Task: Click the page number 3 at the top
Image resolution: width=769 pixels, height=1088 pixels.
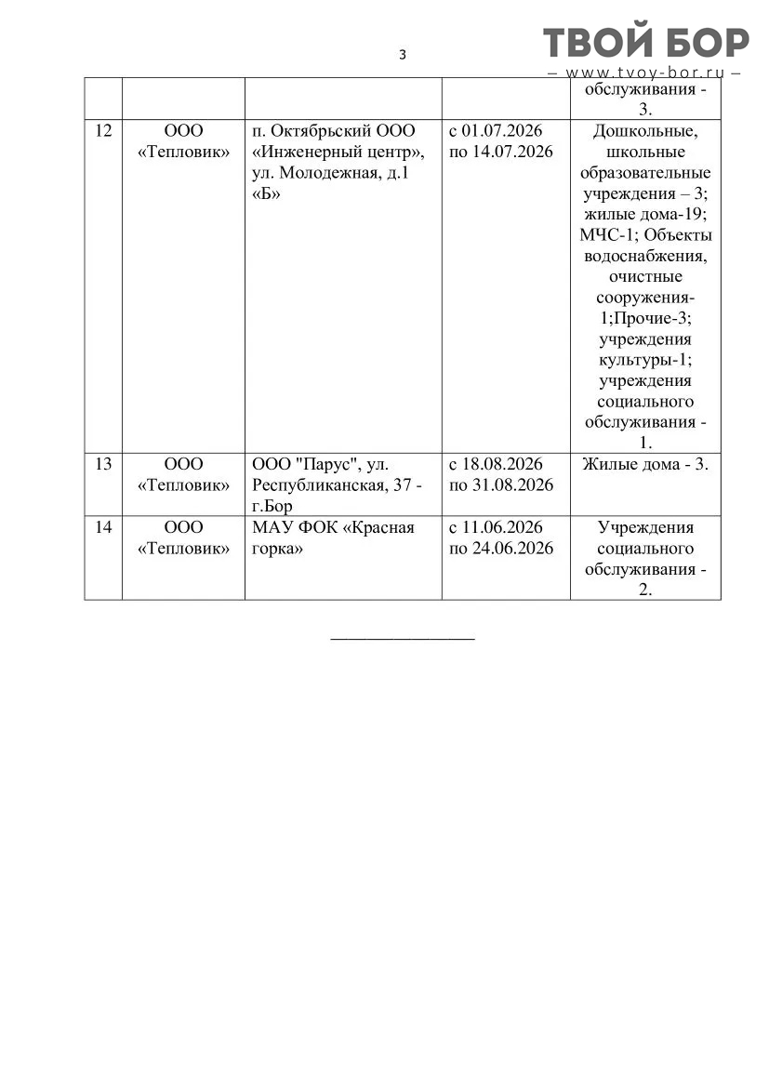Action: tap(403, 55)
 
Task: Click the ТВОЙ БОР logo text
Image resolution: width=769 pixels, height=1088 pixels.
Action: tap(646, 43)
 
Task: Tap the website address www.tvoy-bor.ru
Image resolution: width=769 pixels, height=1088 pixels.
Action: tap(645, 73)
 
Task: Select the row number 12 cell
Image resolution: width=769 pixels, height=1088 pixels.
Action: tap(103, 131)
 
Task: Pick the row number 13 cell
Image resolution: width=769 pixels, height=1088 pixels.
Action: tap(103, 464)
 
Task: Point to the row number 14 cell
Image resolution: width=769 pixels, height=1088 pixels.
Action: tap(103, 527)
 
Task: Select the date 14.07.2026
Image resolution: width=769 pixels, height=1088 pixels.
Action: tap(512, 152)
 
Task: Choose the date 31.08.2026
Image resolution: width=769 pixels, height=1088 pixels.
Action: tap(512, 484)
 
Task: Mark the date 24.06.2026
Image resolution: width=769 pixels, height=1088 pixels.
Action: tap(512, 548)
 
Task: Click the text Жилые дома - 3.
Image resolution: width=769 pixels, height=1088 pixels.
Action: tap(645, 464)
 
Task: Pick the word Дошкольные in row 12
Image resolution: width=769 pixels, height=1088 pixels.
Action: tap(645, 131)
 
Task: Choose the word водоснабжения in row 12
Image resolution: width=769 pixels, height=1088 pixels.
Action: tap(645, 256)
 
